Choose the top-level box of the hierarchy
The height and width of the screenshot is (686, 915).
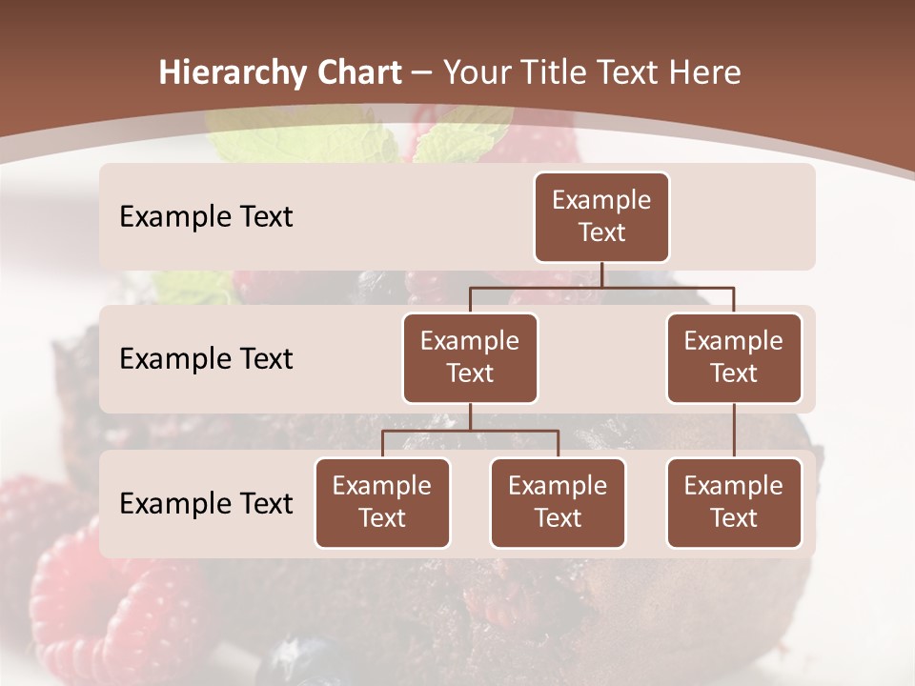pyautogui.click(x=601, y=216)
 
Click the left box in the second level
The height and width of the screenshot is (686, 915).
pyautogui.click(x=470, y=357)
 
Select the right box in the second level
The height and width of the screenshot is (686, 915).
pyautogui.click(x=734, y=357)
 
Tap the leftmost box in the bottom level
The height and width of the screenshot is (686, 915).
pyautogui.click(x=382, y=502)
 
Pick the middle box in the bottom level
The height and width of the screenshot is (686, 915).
pyautogui.click(x=558, y=502)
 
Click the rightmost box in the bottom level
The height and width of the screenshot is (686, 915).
pyautogui.click(x=734, y=502)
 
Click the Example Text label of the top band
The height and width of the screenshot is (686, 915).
pyautogui.click(x=206, y=217)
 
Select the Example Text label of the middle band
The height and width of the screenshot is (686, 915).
pyautogui.click(x=206, y=359)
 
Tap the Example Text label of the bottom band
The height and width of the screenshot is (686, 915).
pyautogui.click(x=206, y=504)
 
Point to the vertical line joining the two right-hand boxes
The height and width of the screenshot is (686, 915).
pyautogui.click(x=734, y=431)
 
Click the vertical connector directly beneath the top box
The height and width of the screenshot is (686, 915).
pyautogui.click(x=601, y=274)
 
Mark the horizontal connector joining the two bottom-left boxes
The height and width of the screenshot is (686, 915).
pyautogui.click(x=470, y=431)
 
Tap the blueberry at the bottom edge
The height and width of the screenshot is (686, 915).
pyautogui.click(x=295, y=662)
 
